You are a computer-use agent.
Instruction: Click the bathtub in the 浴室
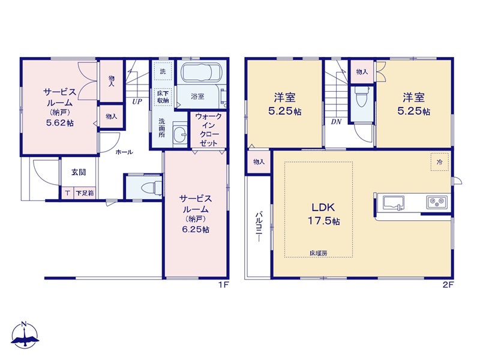pos(201,73)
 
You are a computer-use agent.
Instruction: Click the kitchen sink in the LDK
pos(394,203)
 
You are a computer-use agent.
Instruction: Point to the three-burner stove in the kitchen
pos(437,202)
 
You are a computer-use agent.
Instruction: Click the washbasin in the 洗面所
pos(179,133)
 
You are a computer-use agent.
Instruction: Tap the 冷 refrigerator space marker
pos(440,162)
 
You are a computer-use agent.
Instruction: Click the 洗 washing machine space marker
pos(163,71)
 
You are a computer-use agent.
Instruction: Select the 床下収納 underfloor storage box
pos(163,97)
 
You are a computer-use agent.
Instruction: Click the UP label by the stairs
pos(137,101)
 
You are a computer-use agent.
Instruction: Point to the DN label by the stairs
pos(336,122)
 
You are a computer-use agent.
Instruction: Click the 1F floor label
pos(223,284)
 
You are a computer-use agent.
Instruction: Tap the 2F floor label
pos(448,284)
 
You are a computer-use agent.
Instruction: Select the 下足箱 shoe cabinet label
pos(85,193)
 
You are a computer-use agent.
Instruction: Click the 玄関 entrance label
pos(79,172)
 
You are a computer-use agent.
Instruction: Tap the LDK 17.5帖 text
pos(323,214)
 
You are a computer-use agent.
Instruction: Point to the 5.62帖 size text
pos(59,123)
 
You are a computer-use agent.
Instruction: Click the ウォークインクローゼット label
pos(208,130)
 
